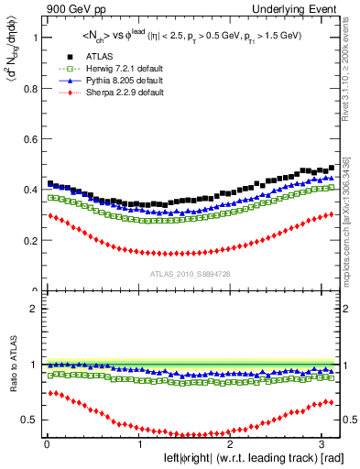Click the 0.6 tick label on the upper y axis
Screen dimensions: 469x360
[28, 139]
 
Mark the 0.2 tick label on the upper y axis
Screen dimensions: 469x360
[28, 241]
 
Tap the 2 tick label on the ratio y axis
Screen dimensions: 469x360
[32, 309]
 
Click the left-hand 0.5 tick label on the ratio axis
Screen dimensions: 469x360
[28, 420]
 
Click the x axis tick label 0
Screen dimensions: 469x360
[47, 443]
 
